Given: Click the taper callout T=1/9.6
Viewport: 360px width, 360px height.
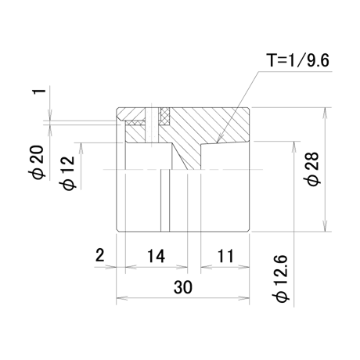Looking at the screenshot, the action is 297,60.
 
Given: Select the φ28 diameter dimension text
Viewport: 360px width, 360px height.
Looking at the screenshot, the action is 313,169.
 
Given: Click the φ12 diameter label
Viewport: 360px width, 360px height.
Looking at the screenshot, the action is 68,173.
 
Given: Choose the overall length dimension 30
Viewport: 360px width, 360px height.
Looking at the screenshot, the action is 183,287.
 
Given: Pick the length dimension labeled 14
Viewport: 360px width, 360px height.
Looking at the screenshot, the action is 156,256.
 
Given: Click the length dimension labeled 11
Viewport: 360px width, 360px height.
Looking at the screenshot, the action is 225,256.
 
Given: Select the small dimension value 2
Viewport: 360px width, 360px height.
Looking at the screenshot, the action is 100,255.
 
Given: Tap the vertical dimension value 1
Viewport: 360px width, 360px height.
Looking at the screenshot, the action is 39,92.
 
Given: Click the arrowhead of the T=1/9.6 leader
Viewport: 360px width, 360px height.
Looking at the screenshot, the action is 218,139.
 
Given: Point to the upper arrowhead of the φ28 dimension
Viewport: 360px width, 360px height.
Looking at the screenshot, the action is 325,113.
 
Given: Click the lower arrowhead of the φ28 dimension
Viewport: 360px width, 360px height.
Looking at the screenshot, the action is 325,225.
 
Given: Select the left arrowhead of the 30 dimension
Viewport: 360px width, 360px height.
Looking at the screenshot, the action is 122,298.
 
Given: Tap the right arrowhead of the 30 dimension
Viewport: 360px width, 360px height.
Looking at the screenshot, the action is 243,298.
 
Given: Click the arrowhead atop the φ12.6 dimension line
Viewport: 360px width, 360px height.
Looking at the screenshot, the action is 294,147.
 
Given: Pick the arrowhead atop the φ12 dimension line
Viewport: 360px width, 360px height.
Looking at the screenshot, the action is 81,149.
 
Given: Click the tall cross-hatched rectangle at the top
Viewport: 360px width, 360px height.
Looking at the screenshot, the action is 165,116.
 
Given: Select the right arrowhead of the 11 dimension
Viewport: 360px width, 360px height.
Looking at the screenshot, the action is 243,267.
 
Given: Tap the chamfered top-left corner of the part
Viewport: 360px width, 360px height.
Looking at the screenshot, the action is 118,110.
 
